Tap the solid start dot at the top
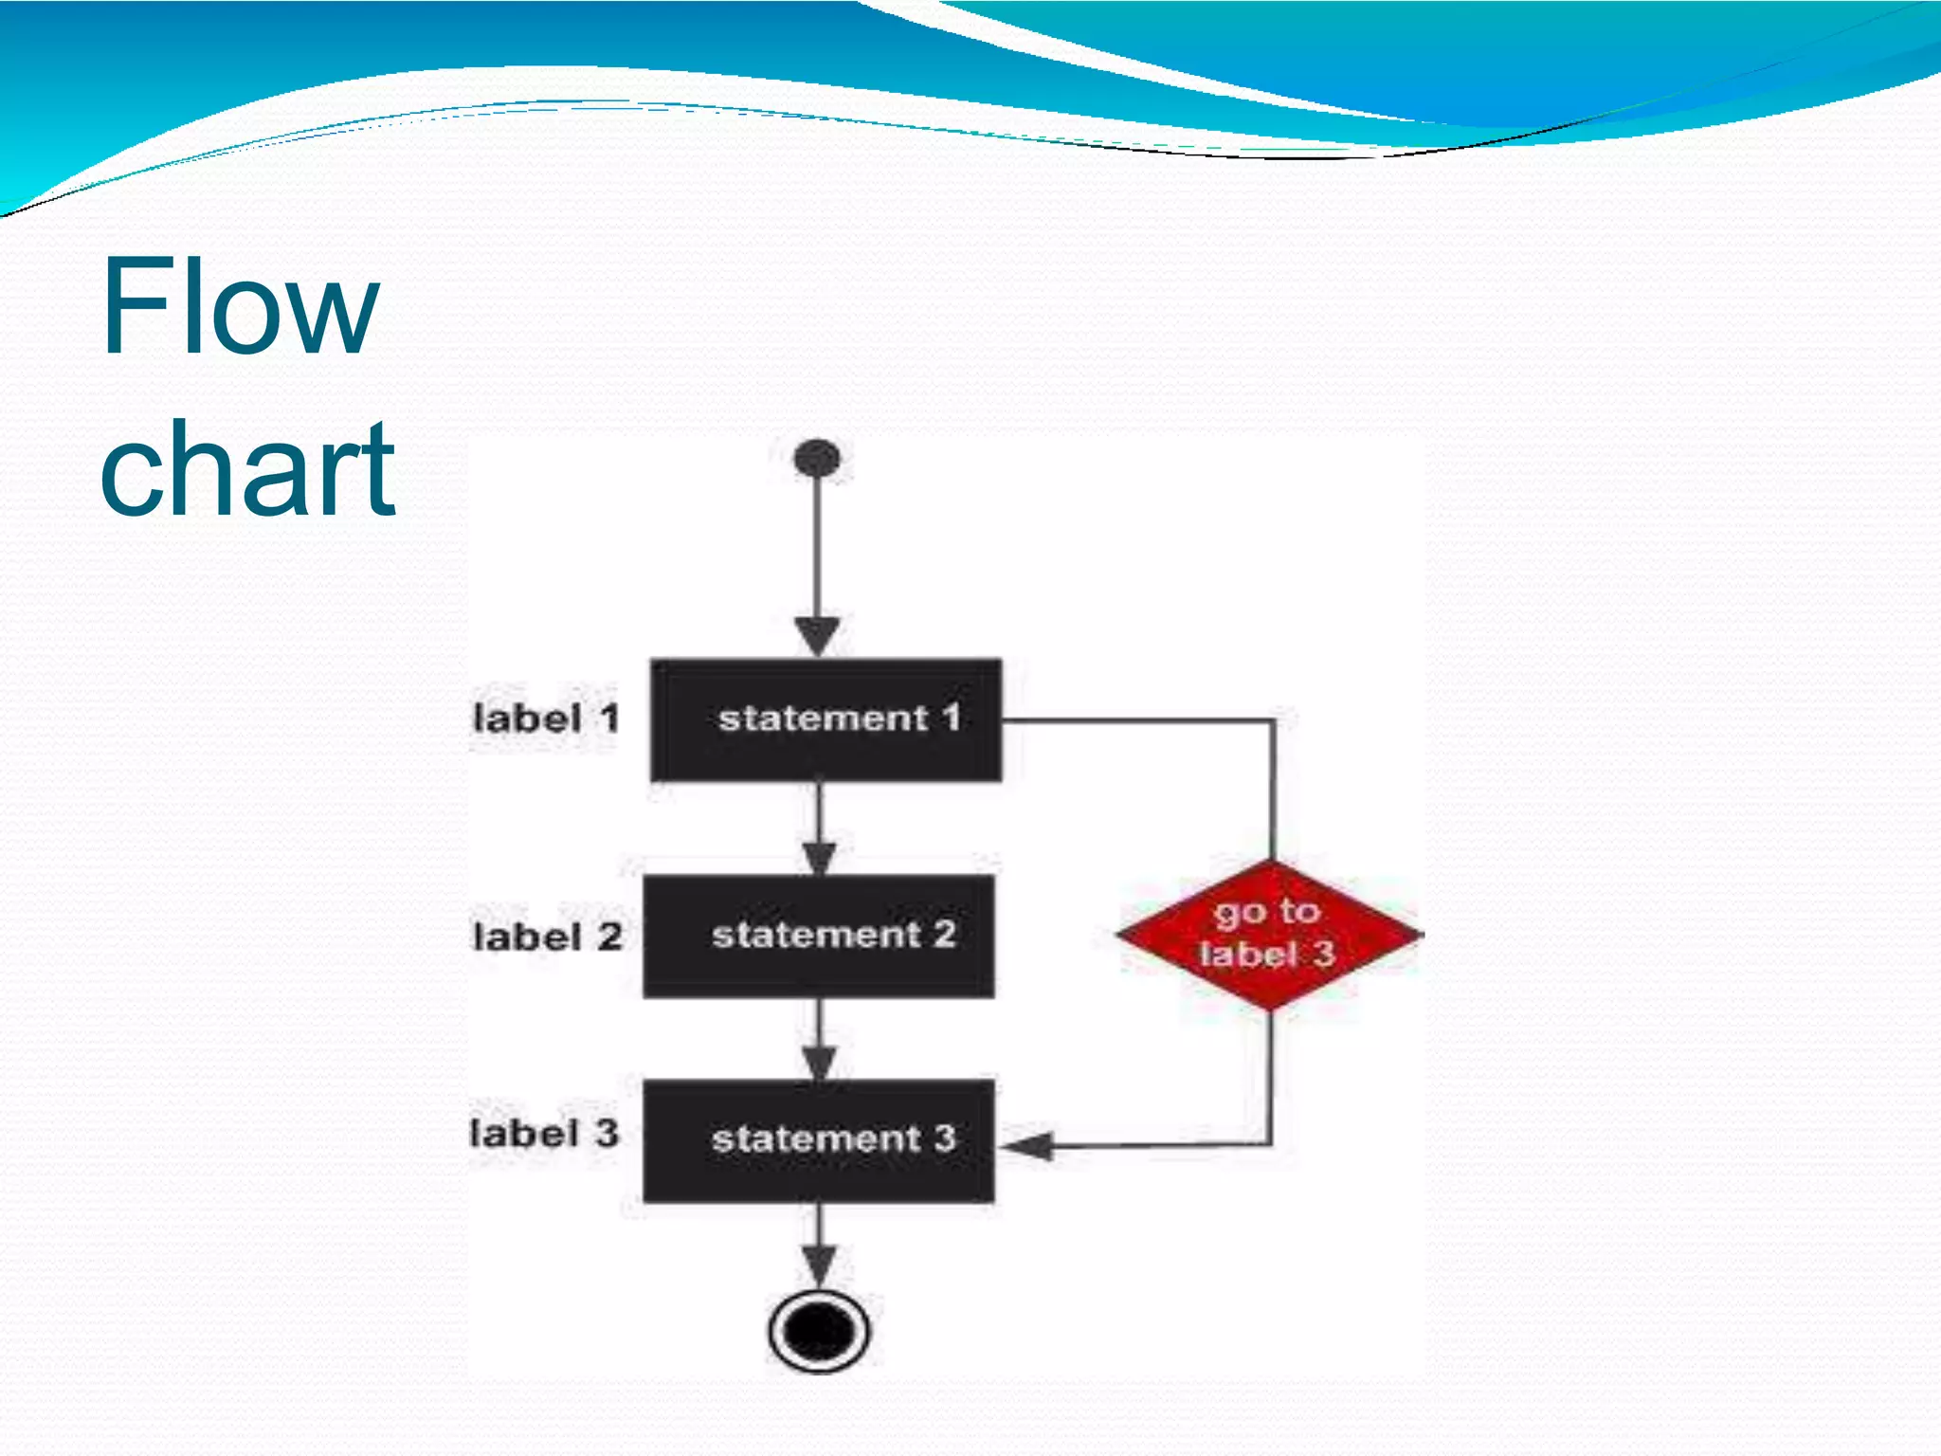point(817,458)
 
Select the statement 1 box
point(825,720)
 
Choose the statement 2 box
point(819,936)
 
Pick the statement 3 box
point(819,1140)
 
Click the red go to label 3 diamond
point(1269,934)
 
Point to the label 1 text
point(545,719)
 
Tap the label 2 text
point(548,937)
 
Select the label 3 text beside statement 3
point(545,1133)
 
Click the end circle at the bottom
point(819,1330)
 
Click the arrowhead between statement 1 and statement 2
point(819,857)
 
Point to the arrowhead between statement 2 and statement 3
point(819,1062)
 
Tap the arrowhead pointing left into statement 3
point(1026,1146)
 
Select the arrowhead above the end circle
point(819,1265)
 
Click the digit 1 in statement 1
point(951,718)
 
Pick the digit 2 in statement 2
point(944,934)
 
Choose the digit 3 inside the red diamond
point(1323,953)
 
